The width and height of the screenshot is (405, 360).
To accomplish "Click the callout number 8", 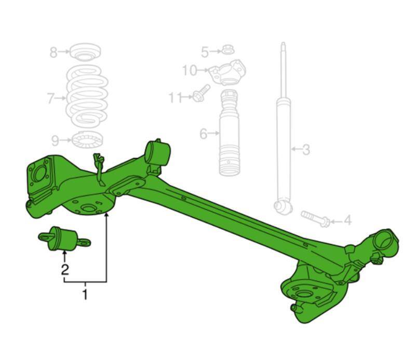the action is point(53,52).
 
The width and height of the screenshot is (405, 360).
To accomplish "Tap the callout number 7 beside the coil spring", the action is point(51,99).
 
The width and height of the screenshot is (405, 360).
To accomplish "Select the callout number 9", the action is point(55,141).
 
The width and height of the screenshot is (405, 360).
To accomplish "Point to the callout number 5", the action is point(205,52).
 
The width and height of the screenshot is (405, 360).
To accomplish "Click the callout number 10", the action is point(190,70).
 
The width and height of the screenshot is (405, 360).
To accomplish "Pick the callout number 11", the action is point(176,98).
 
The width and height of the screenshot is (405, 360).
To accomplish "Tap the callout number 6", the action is point(204,134).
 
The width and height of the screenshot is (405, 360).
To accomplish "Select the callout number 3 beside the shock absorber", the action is point(306,150).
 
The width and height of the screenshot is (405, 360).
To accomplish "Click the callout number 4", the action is point(348,220).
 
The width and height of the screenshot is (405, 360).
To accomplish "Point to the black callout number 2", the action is point(65,269).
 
